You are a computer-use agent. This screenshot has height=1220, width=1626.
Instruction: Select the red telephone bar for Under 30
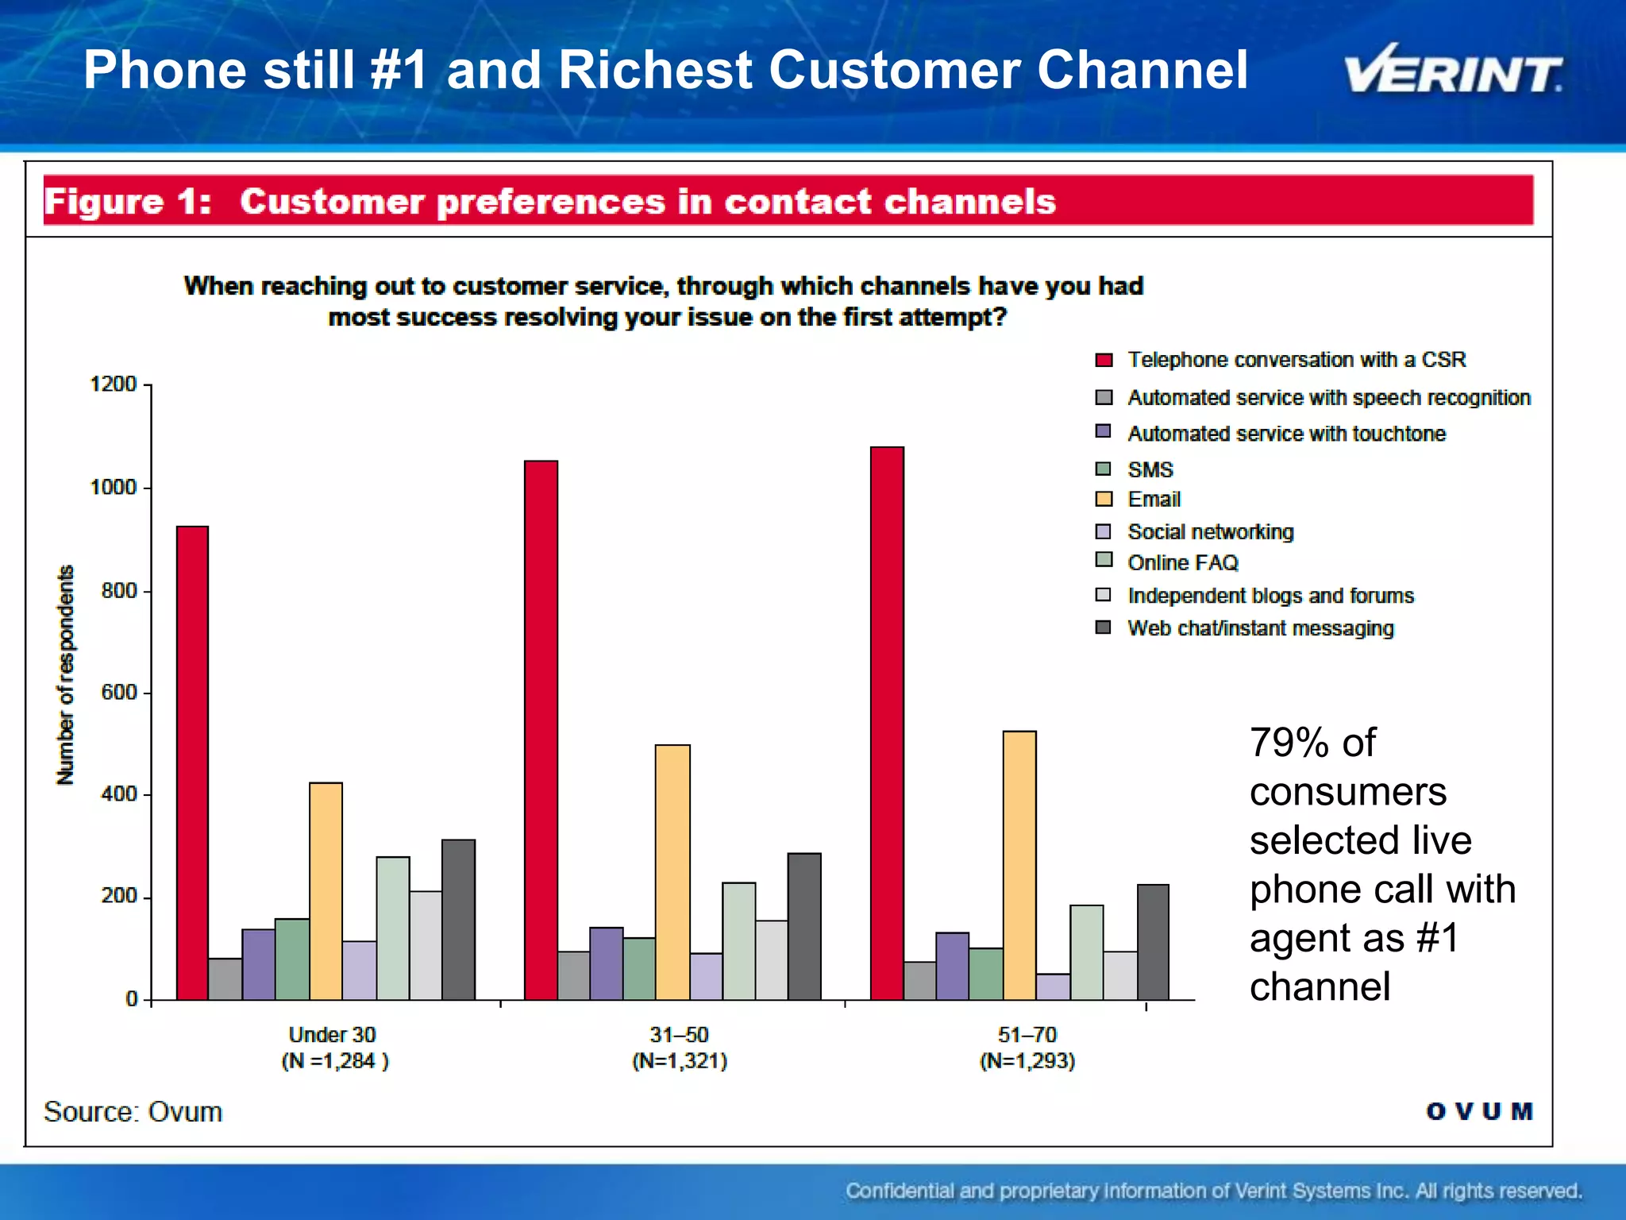click(192, 762)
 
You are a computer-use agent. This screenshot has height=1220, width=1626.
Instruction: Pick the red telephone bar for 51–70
click(887, 723)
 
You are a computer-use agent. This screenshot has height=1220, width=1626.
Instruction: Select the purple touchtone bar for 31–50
click(606, 963)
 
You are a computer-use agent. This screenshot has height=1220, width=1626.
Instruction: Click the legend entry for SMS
click(1150, 469)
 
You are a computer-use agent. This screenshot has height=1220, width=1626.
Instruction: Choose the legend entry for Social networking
click(1210, 531)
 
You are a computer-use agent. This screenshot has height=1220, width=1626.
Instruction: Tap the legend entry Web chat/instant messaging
click(1260, 628)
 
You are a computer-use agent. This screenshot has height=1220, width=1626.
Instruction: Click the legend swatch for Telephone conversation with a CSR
click(1104, 360)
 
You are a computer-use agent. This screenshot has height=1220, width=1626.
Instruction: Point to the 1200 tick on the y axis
click(114, 384)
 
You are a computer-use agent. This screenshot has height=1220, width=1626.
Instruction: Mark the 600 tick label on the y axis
click(118, 693)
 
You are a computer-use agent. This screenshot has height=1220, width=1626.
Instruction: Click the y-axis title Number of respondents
click(66, 675)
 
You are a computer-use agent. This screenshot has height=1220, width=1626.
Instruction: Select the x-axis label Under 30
click(332, 1034)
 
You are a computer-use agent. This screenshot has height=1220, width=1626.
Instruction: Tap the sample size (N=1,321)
click(680, 1061)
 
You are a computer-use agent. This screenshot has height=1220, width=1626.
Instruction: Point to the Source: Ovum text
click(133, 1111)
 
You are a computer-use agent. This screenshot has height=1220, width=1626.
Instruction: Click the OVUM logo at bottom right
click(1479, 1111)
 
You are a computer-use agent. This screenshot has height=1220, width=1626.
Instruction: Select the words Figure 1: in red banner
click(128, 202)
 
